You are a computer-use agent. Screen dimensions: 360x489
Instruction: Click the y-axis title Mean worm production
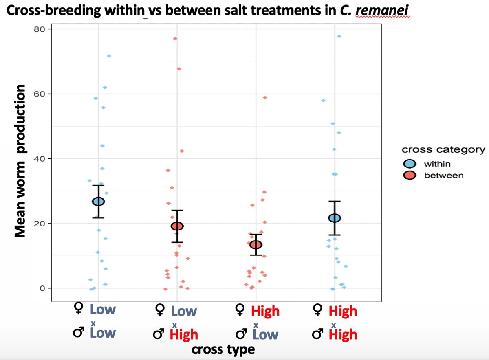[x=21, y=161]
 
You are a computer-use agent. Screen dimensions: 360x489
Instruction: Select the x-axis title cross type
[x=223, y=349]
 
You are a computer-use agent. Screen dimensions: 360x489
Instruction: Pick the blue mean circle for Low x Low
[x=98, y=201]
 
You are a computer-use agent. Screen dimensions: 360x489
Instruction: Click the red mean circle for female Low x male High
[x=177, y=226]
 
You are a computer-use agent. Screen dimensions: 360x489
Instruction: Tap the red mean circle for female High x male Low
[x=256, y=245]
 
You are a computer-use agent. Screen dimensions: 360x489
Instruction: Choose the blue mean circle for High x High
[x=335, y=218]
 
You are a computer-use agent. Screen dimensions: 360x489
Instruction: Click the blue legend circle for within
[x=410, y=164]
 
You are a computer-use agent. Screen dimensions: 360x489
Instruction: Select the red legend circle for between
[x=410, y=176]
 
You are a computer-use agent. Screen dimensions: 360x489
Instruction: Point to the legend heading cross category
[x=443, y=149]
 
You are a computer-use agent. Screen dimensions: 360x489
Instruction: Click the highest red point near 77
[x=175, y=39]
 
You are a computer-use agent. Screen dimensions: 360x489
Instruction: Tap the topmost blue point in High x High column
[x=339, y=37]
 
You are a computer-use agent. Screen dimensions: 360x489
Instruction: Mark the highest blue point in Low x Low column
[x=109, y=56]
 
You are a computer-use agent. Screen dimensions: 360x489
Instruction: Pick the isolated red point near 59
[x=265, y=97]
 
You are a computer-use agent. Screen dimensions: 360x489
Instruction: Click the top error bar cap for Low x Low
[x=98, y=186]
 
